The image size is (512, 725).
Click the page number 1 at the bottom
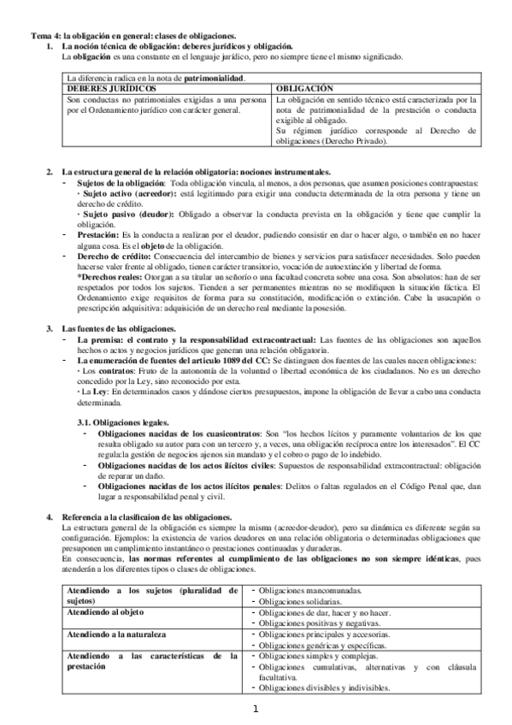point(255,709)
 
